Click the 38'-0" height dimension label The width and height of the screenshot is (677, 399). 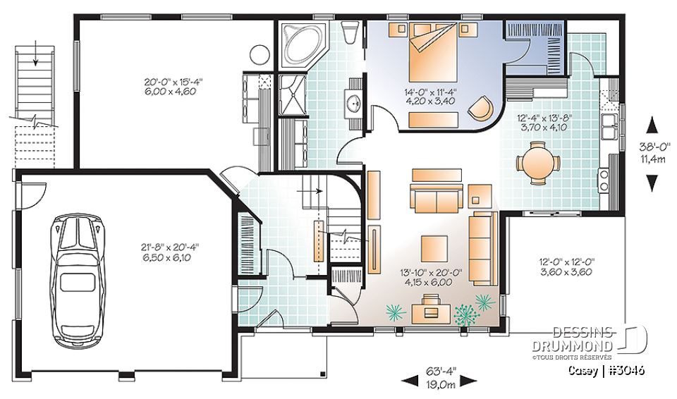click(x=652, y=154)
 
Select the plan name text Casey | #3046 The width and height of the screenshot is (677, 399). click(x=611, y=370)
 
